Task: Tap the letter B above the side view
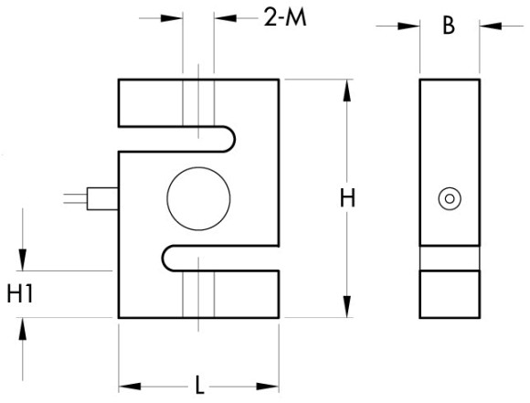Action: pyautogui.click(x=449, y=26)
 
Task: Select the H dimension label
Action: pyautogui.click(x=347, y=198)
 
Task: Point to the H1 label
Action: pyautogui.click(x=20, y=294)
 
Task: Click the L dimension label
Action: pyautogui.click(x=200, y=385)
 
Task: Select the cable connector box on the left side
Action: pyautogui.click(x=102, y=199)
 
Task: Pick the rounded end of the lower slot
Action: pyautogui.click(x=163, y=259)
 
